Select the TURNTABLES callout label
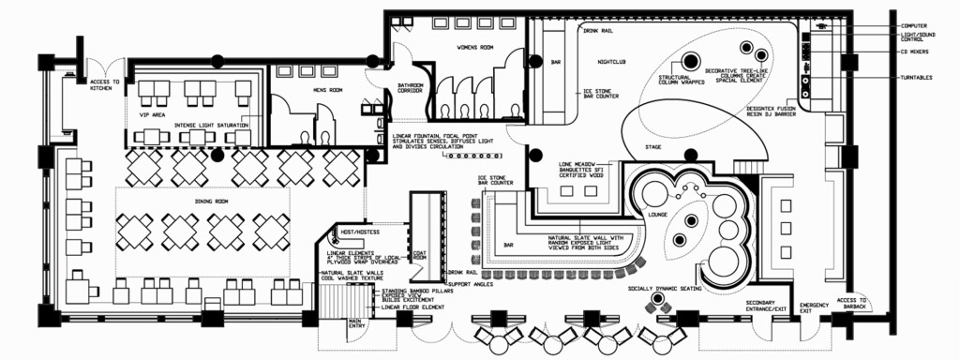click(x=919, y=78)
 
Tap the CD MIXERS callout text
click(x=918, y=52)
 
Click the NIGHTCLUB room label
click(x=613, y=62)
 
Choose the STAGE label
click(x=652, y=148)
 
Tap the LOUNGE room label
click(x=656, y=215)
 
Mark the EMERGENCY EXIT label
click(x=814, y=309)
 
